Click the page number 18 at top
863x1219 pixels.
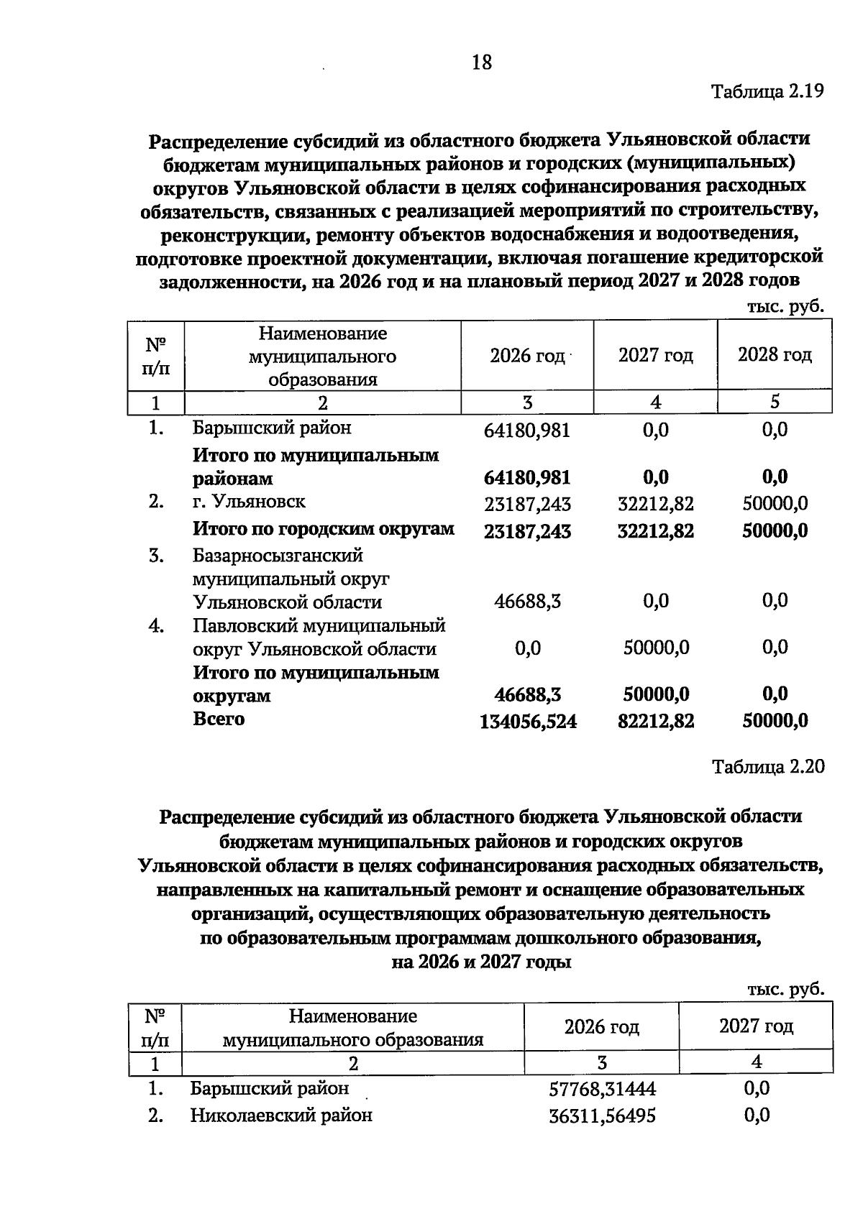(481, 63)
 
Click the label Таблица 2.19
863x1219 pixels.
(767, 91)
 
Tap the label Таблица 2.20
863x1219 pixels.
(767, 766)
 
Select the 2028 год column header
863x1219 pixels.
(775, 355)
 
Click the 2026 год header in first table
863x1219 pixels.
(527, 356)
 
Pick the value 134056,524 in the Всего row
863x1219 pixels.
(528, 722)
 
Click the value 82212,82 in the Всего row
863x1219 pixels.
(656, 721)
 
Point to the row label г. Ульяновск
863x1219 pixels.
(249, 502)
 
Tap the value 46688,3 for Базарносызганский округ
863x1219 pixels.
(527, 602)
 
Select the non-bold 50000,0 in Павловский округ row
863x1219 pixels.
(656, 648)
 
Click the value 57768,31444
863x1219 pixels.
(602, 1090)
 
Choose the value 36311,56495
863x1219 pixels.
(602, 1116)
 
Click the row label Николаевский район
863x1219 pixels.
(281, 1115)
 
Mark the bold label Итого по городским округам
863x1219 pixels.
(323, 529)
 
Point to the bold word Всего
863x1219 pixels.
(219, 719)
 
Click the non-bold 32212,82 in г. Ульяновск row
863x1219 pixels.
(656, 504)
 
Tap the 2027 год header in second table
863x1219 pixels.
(756, 1026)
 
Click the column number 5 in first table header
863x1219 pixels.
(775, 402)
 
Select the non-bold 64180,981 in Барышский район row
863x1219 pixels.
(527, 431)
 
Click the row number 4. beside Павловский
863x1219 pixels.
(156, 626)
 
